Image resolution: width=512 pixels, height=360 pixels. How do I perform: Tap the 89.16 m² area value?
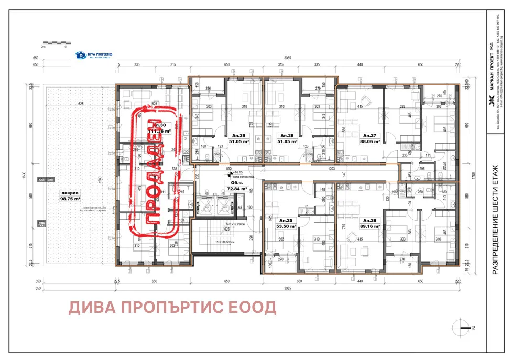[370, 227]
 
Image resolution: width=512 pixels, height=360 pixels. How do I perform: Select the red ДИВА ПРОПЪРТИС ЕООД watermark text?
[172, 308]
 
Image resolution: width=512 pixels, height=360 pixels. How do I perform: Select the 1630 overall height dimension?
[24, 176]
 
